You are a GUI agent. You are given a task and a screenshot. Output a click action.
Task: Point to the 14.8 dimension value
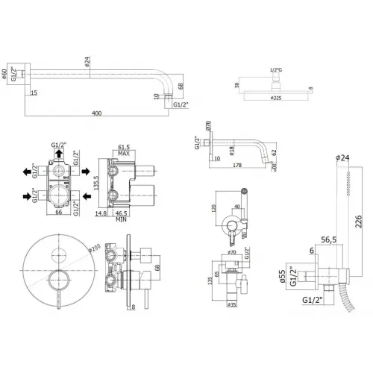[x=100, y=213]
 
